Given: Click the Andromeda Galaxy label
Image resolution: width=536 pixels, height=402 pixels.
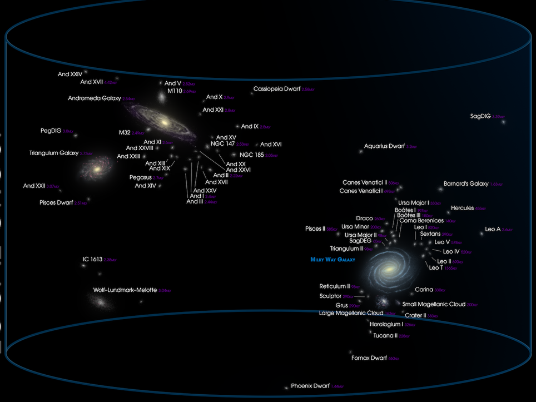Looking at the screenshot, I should pos(94,98).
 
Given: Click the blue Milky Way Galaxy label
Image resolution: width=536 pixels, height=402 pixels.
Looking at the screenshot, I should pos(332,260).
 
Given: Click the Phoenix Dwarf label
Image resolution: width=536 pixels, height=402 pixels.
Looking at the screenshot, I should pos(310,385).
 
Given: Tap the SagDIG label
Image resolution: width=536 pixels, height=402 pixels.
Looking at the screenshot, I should pos(480,116).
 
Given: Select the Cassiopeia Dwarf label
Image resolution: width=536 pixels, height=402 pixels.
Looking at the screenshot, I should pos(277,89).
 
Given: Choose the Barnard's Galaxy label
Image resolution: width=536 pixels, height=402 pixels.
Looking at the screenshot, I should pos(466,183).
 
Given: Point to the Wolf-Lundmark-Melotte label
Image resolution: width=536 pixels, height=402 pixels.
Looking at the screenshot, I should pos(125,290).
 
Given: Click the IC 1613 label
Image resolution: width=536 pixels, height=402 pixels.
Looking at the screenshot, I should pos(93,259).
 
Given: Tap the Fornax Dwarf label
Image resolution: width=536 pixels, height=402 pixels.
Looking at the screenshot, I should pos(369,358).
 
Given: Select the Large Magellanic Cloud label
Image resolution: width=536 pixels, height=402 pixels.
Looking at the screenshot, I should pos(351,313).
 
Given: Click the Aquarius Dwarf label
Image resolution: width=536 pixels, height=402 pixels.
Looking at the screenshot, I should pos(384,146).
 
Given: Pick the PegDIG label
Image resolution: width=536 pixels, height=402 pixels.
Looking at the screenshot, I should pos(51,131).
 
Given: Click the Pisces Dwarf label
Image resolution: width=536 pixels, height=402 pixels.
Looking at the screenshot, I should pos(56,202).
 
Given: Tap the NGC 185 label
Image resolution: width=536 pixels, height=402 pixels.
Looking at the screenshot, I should pos(251,155).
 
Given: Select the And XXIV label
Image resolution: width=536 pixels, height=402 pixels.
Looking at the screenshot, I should pos(70,74).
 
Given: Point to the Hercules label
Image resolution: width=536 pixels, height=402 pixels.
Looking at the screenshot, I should pos(462,208).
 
